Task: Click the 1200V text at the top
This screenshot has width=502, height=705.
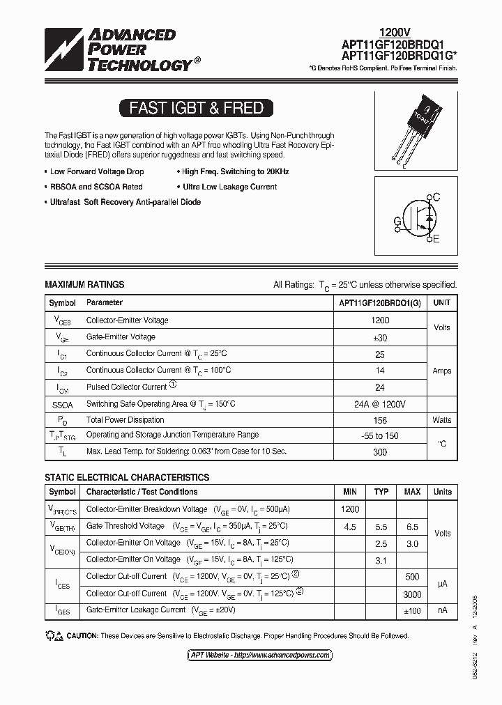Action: tap(395, 32)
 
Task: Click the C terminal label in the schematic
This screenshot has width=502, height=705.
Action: tap(436, 198)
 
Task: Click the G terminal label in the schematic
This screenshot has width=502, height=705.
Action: tap(397, 222)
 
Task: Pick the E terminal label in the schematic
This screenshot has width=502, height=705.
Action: tap(436, 240)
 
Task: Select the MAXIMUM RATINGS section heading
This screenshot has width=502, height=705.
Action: tap(84, 284)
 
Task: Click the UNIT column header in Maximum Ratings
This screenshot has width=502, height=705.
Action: tap(441, 303)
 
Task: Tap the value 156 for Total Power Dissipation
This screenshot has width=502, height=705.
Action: tap(380, 420)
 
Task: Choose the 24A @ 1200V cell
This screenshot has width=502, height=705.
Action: tap(380, 404)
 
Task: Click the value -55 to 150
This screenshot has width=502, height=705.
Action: tap(380, 435)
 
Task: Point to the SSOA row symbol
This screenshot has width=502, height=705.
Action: tap(62, 404)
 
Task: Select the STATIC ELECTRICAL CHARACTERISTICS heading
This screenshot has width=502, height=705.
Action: tap(127, 477)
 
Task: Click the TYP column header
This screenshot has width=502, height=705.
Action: tap(381, 492)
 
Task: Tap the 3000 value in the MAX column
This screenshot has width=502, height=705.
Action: tap(412, 594)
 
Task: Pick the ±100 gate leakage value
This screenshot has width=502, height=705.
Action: tap(412, 610)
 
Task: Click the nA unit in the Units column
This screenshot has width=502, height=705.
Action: tap(442, 610)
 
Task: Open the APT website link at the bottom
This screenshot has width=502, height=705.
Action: tap(261, 655)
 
